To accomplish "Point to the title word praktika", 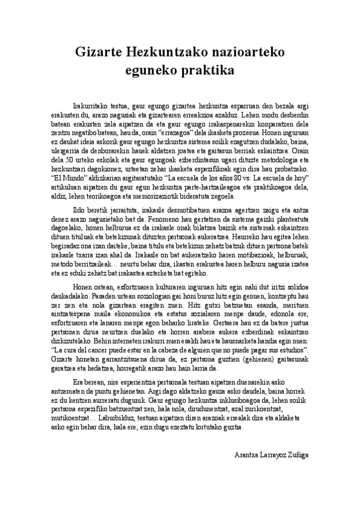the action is (204, 70).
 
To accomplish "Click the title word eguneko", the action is (149, 70).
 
